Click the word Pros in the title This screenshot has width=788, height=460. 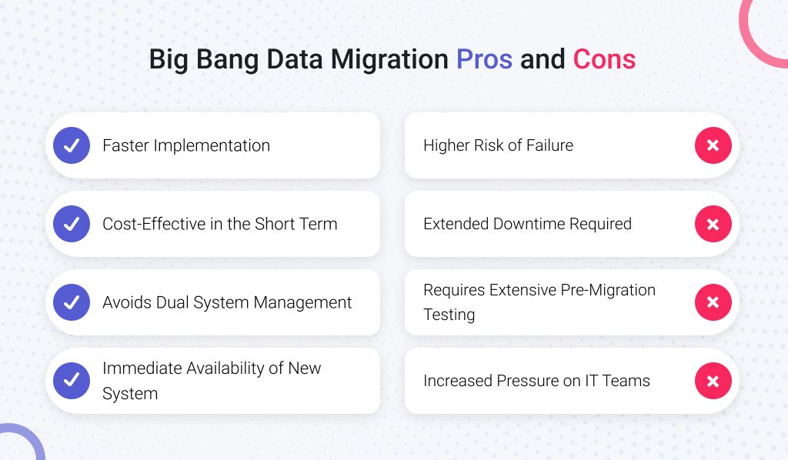click(x=484, y=59)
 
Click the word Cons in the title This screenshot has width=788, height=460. click(x=604, y=59)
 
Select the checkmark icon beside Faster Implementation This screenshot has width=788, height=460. click(x=72, y=145)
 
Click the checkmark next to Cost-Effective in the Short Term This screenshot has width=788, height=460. click(x=72, y=224)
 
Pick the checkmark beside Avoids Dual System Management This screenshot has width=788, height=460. click(x=72, y=302)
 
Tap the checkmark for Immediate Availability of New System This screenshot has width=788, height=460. click(x=72, y=380)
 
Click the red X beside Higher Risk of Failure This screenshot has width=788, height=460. click(x=713, y=145)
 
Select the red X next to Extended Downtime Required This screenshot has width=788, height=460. click(x=713, y=224)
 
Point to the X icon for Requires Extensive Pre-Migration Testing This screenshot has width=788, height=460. click(x=713, y=302)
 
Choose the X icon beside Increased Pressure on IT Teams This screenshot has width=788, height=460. click(x=713, y=380)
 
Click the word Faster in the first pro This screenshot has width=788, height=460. click(x=126, y=145)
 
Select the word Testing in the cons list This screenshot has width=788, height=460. click(x=449, y=315)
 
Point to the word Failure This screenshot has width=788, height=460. click(x=547, y=145)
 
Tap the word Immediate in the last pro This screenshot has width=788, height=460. click(x=140, y=368)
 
